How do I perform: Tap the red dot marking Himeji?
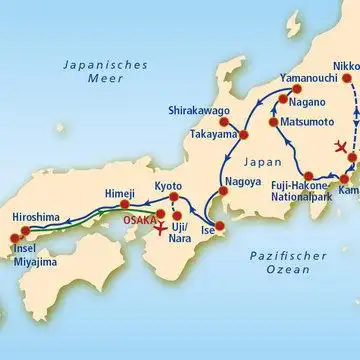tap(126, 207)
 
